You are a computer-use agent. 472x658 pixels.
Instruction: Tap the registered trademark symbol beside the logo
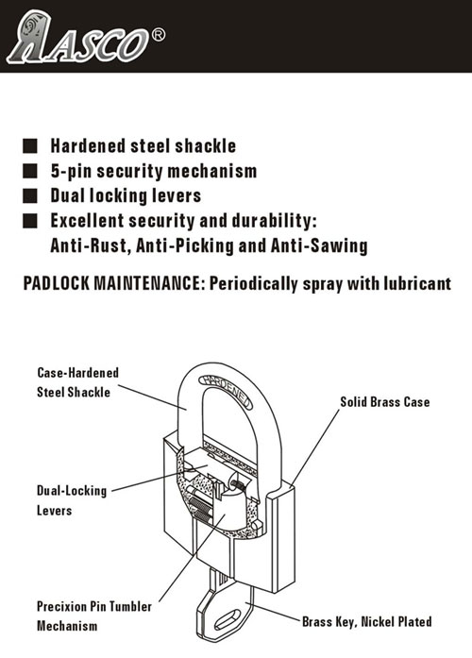158,35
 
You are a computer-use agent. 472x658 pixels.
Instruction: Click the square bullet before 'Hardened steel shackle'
30,146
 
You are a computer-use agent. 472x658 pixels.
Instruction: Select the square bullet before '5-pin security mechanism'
30,171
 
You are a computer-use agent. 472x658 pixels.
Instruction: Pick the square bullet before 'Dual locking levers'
30,195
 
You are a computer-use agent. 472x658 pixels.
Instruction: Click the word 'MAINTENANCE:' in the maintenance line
148,283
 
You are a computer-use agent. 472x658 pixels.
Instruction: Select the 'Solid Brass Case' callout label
385,402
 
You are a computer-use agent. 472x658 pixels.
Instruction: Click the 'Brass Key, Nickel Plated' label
366,621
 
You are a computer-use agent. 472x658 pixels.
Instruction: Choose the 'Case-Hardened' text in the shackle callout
78,373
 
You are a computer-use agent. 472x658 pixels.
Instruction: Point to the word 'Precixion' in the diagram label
61,606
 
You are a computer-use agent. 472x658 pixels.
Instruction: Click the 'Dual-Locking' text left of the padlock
72,491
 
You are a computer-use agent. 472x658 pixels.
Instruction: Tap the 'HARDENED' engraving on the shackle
227,391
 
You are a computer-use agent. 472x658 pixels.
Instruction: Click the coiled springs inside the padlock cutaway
200,508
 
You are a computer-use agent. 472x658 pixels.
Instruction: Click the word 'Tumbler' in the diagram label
131,606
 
